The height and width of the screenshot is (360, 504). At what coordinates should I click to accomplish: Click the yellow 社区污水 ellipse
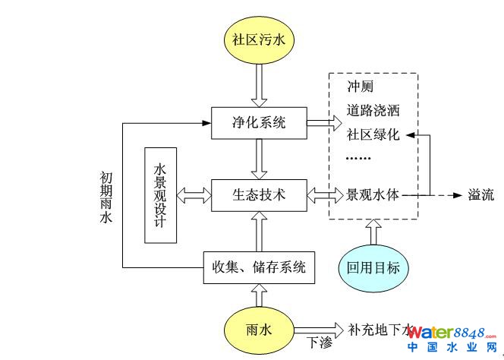pyautogui.click(x=260, y=37)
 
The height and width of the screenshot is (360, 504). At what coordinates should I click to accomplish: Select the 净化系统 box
pyautogui.click(x=260, y=122)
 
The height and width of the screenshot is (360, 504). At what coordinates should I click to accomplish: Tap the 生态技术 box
pyautogui.click(x=260, y=194)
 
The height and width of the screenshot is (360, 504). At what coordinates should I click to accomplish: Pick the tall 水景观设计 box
pyautogui.click(x=160, y=194)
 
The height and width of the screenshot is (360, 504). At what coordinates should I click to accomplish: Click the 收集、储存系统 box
pyautogui.click(x=260, y=267)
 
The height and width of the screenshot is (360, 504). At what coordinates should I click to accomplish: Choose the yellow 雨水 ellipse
pyautogui.click(x=260, y=329)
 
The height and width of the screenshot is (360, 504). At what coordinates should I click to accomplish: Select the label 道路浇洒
pyautogui.click(x=373, y=110)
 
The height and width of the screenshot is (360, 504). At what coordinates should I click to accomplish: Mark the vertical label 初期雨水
pyautogui.click(x=106, y=197)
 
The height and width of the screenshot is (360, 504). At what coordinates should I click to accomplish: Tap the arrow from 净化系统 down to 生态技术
pyautogui.click(x=260, y=157)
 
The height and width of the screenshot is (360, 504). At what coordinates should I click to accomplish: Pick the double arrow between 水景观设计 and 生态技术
pyautogui.click(x=194, y=194)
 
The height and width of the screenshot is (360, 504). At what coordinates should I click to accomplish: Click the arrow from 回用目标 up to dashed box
pyautogui.click(x=373, y=232)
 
